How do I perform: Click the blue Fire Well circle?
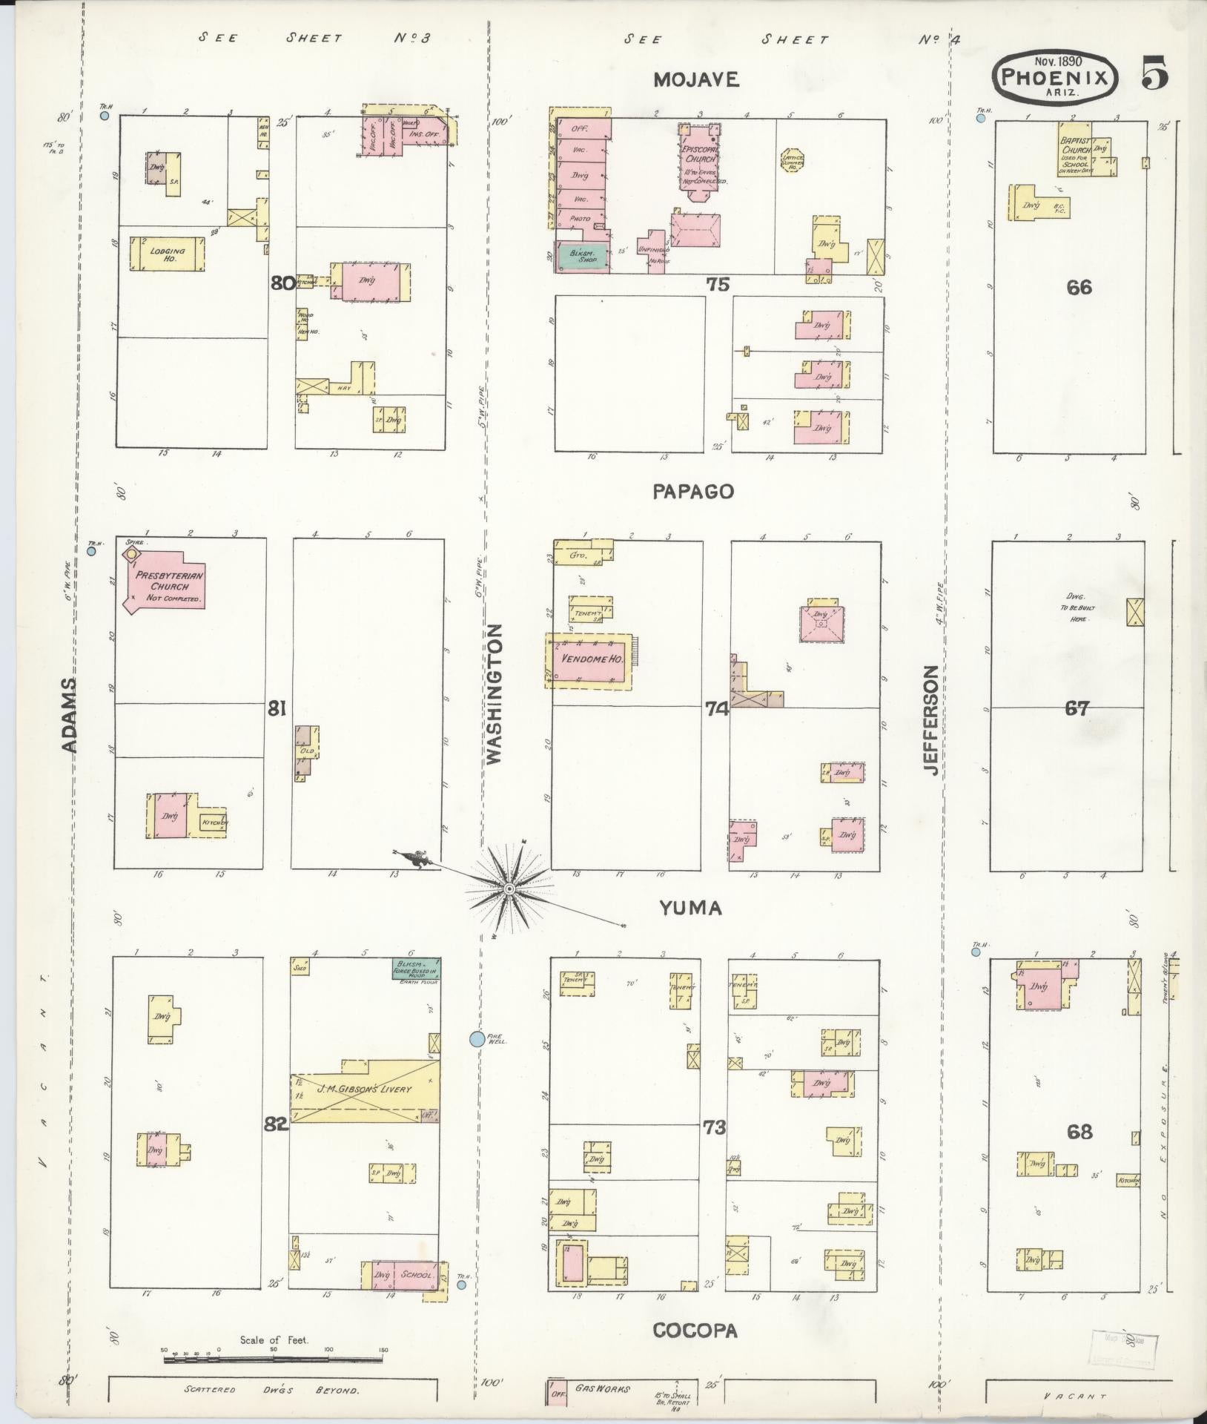click(477, 1039)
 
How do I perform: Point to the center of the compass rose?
click(509, 888)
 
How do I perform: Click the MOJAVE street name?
click(696, 80)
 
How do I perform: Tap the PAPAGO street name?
click(694, 491)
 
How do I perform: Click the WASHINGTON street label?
click(495, 693)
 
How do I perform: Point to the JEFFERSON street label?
click(931, 720)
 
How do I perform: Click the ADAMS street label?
click(69, 714)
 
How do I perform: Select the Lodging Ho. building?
click(167, 253)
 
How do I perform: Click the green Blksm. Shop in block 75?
click(582, 256)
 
